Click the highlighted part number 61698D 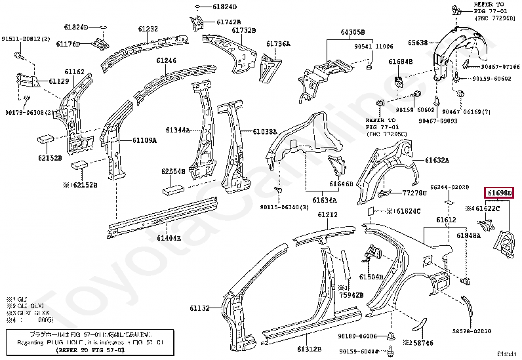click(x=499, y=193)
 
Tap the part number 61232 click(x=148, y=30)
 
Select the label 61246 click(x=166, y=60)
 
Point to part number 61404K click(x=169, y=239)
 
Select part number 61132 click(x=201, y=308)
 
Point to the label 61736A click(x=278, y=44)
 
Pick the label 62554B click(x=174, y=172)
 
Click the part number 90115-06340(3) click(x=284, y=208)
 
